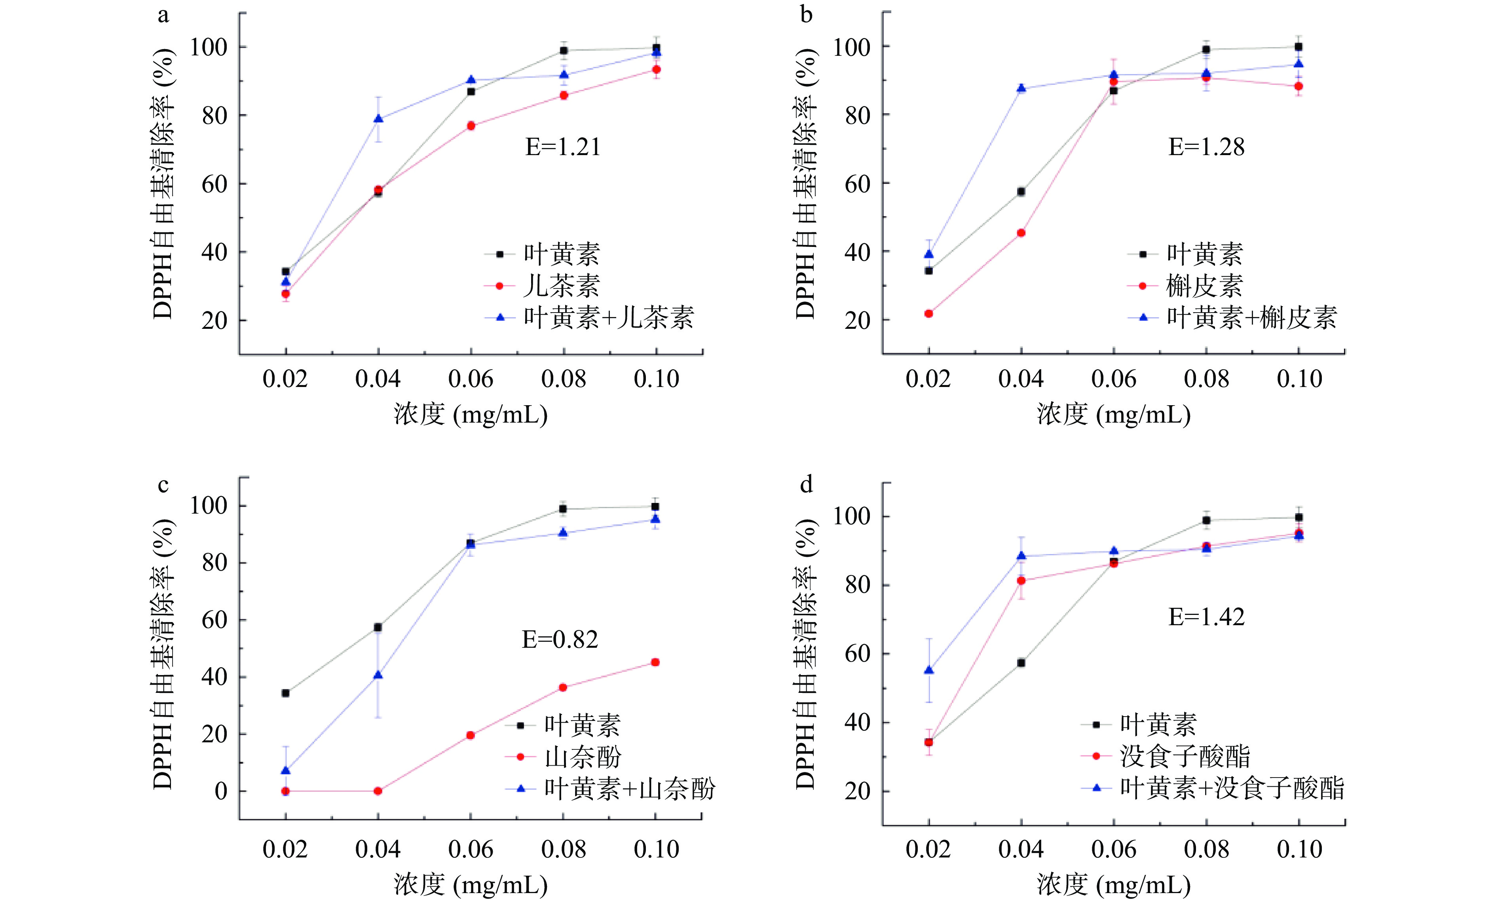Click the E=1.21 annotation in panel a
pos(563,147)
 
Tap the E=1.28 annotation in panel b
pos(1206,147)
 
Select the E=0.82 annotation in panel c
pos(560,639)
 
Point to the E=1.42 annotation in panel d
pos(1206,617)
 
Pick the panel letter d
pos(806,484)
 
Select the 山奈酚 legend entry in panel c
pos(583,757)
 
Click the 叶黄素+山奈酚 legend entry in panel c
pos(630,789)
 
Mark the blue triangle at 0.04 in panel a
pos(378,119)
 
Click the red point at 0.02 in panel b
pos(928,314)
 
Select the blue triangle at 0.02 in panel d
pos(928,670)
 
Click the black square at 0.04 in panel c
pos(378,627)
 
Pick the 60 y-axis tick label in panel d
pos(857,654)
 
